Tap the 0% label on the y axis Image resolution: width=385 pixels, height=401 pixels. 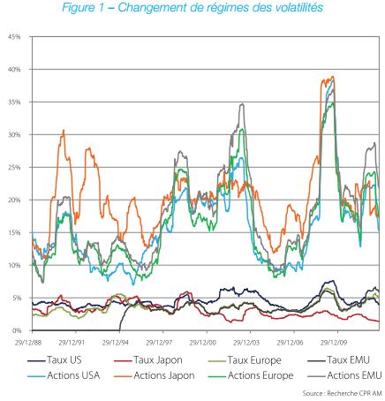point(17,330)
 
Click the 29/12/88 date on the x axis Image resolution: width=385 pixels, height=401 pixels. point(28,343)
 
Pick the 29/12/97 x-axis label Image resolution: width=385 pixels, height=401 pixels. point(159,343)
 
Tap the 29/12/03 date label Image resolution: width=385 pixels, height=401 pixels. point(246,343)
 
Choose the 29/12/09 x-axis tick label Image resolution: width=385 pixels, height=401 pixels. point(334,343)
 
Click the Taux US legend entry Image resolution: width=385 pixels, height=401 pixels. point(55,360)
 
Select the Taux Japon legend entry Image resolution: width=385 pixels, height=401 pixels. point(147,360)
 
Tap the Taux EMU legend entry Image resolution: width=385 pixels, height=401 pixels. point(338,360)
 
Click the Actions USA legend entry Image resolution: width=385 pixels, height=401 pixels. point(64,375)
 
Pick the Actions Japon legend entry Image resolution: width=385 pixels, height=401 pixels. point(154,375)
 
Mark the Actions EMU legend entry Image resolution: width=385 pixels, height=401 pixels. point(344,375)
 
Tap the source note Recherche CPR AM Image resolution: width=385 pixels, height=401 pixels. point(354,393)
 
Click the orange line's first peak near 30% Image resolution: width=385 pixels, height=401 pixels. point(64,130)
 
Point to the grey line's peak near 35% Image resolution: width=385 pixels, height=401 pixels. point(243,103)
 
